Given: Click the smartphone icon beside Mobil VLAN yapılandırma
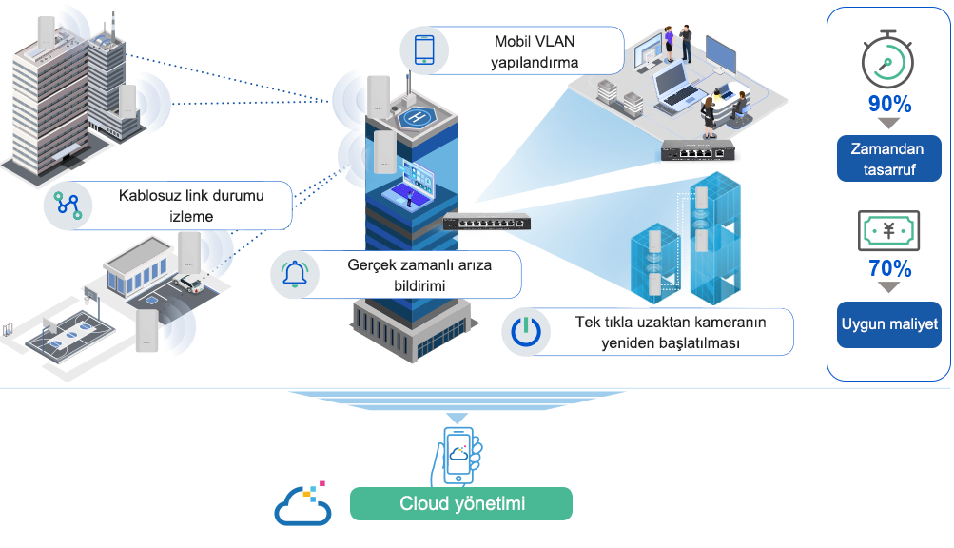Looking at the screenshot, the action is click(424, 49).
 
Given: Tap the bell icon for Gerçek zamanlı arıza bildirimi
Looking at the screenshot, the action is click(295, 274).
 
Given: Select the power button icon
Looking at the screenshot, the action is click(526, 332).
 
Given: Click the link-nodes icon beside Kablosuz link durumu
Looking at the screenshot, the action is click(68, 205).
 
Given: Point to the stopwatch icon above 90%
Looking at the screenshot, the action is click(887, 60).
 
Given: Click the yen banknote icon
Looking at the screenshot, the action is click(889, 231).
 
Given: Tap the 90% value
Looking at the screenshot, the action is click(889, 104).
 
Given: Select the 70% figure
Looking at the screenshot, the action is click(889, 268).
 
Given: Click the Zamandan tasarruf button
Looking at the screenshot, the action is click(889, 158).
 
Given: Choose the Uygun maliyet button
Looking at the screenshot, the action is click(889, 324).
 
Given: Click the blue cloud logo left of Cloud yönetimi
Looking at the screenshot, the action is click(302, 503).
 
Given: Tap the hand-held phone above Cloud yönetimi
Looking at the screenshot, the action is click(457, 456).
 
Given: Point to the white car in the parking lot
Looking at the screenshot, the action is click(188, 284).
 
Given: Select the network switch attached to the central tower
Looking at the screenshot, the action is click(487, 222).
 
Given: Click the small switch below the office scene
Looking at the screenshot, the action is click(698, 150).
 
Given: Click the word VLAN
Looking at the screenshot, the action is click(555, 42).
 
